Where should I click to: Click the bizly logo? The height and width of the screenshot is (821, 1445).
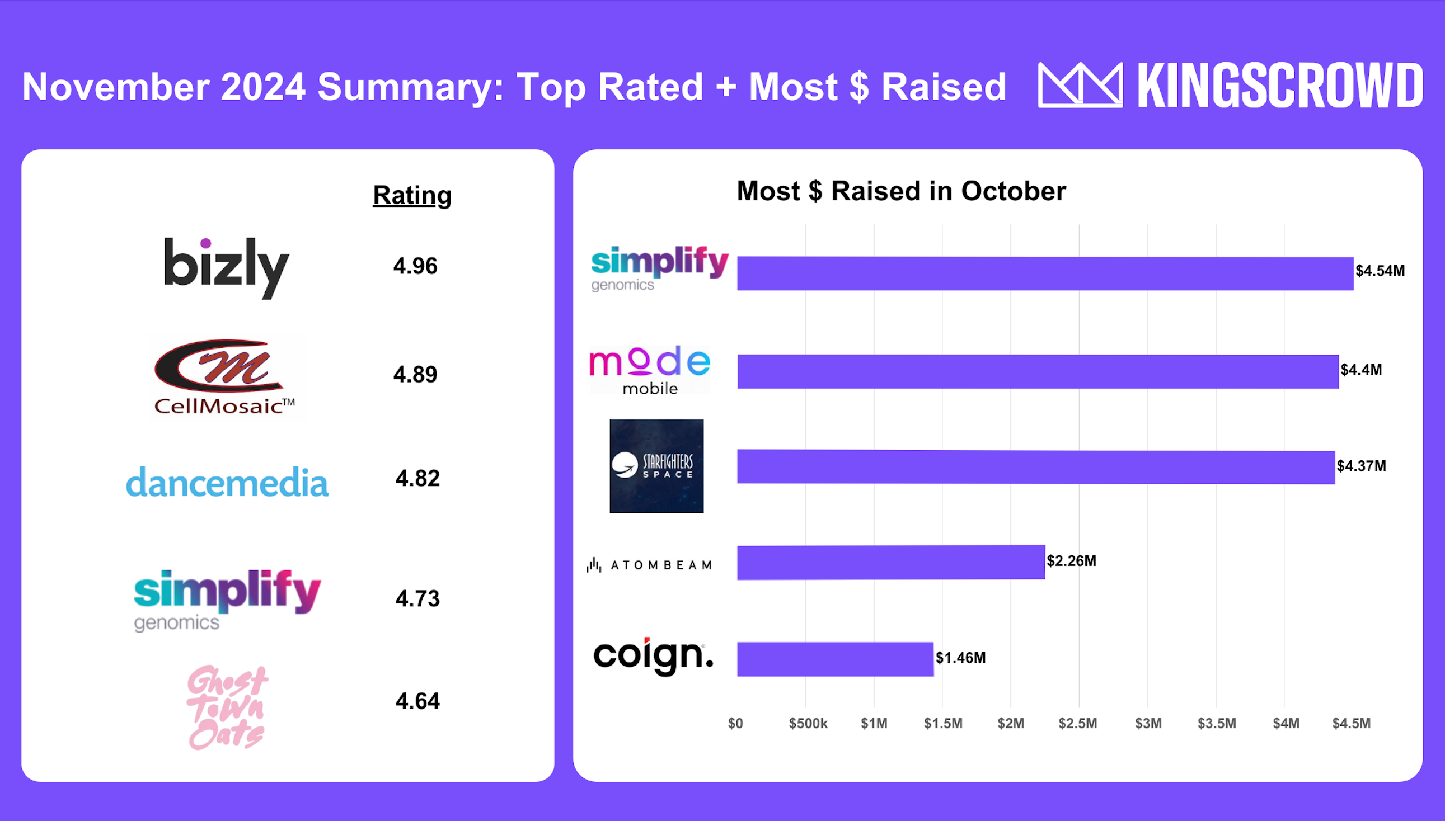click(226, 267)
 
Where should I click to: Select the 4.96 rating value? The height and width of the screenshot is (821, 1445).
click(415, 266)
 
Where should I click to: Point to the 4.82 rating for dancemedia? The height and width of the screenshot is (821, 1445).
click(417, 479)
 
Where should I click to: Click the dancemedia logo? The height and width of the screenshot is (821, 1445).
click(227, 483)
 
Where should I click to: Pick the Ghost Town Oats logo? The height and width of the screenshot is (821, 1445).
click(227, 707)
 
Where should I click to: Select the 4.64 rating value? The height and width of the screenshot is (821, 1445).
click(417, 701)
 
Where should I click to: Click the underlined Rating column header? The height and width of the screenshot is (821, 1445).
click(412, 195)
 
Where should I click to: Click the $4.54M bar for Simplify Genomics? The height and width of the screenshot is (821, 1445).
click(1044, 273)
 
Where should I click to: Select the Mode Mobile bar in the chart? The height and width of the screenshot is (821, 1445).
click(1037, 371)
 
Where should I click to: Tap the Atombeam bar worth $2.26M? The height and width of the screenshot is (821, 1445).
click(890, 562)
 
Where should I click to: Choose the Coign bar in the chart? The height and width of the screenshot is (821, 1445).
click(835, 659)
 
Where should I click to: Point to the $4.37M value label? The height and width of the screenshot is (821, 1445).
click(1361, 466)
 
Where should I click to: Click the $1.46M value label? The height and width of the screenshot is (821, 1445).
click(960, 658)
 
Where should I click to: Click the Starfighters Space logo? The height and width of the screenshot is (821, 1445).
click(656, 466)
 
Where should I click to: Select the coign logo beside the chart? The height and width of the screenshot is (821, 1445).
click(653, 657)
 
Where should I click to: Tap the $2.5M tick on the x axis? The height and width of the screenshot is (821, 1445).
click(1078, 724)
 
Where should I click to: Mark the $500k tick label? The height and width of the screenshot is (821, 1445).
click(808, 724)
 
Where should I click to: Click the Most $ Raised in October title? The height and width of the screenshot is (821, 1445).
click(901, 191)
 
